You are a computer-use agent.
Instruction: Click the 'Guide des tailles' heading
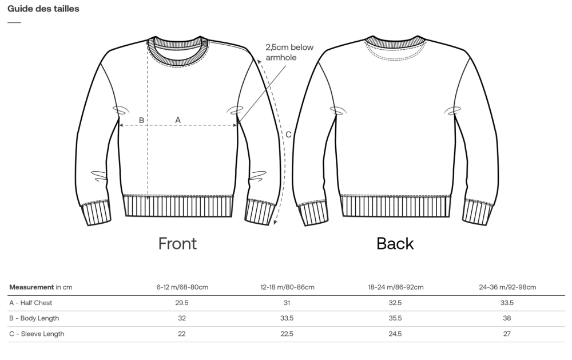point(43,9)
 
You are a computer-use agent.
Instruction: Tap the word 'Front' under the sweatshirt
point(177,243)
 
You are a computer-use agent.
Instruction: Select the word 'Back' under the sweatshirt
point(395,243)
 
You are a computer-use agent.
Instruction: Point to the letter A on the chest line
point(178,120)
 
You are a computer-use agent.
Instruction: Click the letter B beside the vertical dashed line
point(141,120)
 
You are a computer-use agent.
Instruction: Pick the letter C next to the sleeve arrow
point(288,134)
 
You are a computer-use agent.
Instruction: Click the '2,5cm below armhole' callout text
point(289,52)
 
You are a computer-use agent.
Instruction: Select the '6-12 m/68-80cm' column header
point(182,287)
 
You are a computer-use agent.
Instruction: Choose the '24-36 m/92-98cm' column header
point(507,287)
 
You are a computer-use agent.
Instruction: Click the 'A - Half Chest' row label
point(31,303)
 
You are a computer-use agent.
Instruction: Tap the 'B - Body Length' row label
point(34,318)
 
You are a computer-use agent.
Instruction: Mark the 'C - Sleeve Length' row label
point(37,334)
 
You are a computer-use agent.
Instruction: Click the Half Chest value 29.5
point(182,303)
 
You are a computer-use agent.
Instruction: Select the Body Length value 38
point(507,318)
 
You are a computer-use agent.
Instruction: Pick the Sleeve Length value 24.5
point(395,334)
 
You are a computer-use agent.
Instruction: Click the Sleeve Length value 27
point(507,334)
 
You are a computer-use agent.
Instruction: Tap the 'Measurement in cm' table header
point(41,287)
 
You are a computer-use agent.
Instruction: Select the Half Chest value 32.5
point(395,303)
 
